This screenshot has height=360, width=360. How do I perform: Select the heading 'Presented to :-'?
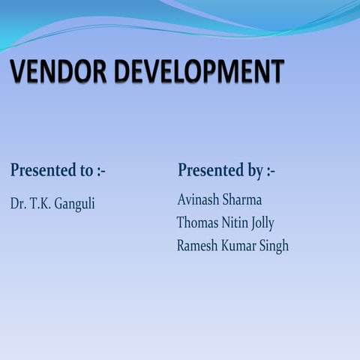pos(58,170)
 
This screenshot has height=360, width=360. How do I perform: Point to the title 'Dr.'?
pos(18,204)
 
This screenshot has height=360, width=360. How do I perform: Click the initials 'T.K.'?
pos(40,204)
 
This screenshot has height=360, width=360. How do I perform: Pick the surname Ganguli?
pos(75,204)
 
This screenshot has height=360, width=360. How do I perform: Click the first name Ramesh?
pos(197,245)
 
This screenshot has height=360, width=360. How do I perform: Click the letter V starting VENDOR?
pos(19,72)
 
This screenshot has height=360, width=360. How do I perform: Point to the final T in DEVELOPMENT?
pos(277,72)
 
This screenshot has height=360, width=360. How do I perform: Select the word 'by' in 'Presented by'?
pos(254,171)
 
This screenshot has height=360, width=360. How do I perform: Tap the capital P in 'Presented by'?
pos(183,170)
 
